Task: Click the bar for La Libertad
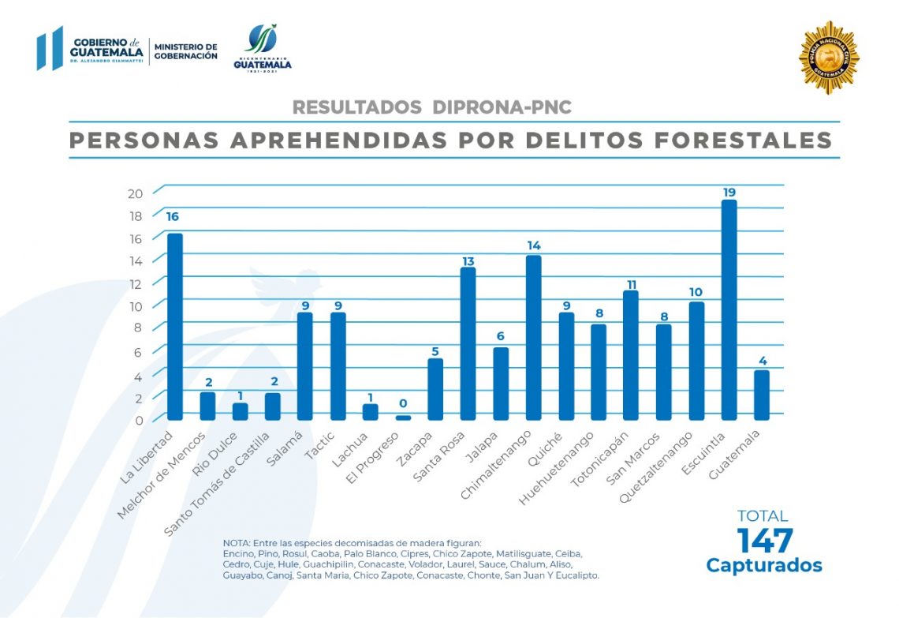(174, 325)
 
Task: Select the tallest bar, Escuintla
(729, 309)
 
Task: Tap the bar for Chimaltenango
(533, 337)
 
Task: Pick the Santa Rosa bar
(468, 343)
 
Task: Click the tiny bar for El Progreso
(403, 418)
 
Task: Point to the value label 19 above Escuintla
(729, 192)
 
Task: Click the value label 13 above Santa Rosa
(468, 260)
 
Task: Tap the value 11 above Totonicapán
(631, 283)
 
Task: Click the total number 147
(764, 541)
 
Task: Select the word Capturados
(763, 566)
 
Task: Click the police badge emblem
(828, 58)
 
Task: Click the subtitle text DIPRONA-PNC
(502, 107)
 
